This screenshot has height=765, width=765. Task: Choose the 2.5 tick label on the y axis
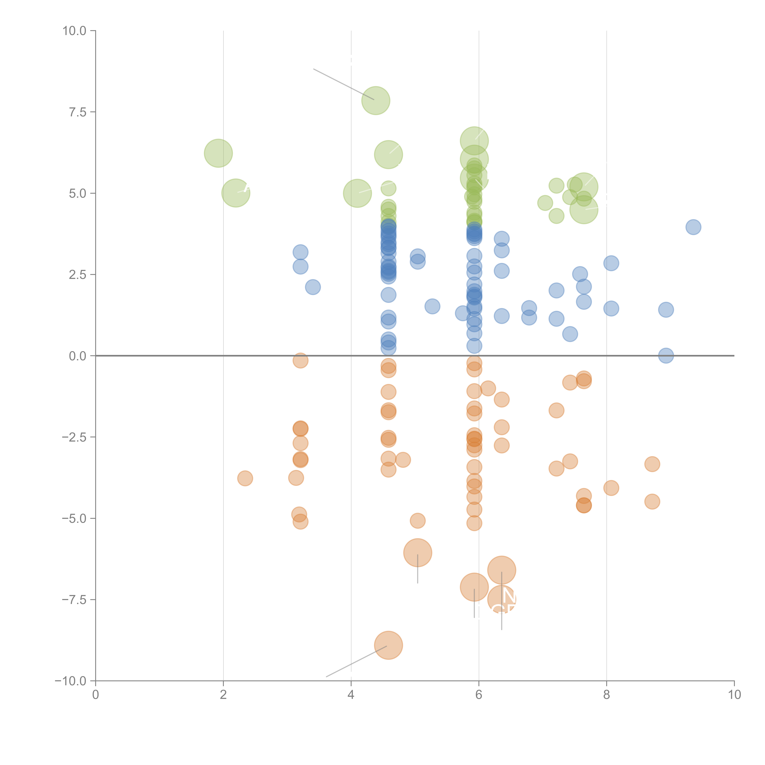pos(78,275)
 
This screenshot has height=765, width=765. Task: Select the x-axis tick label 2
pos(223,695)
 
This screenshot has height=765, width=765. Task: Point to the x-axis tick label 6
pos(479,695)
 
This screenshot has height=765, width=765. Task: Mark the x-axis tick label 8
pos(607,695)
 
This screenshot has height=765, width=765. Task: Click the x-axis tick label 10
pos(734,695)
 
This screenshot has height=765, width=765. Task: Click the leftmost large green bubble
pos(218,153)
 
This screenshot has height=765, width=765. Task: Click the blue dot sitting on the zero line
pos(666,356)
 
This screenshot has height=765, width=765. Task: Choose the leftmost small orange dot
pos(245,478)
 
